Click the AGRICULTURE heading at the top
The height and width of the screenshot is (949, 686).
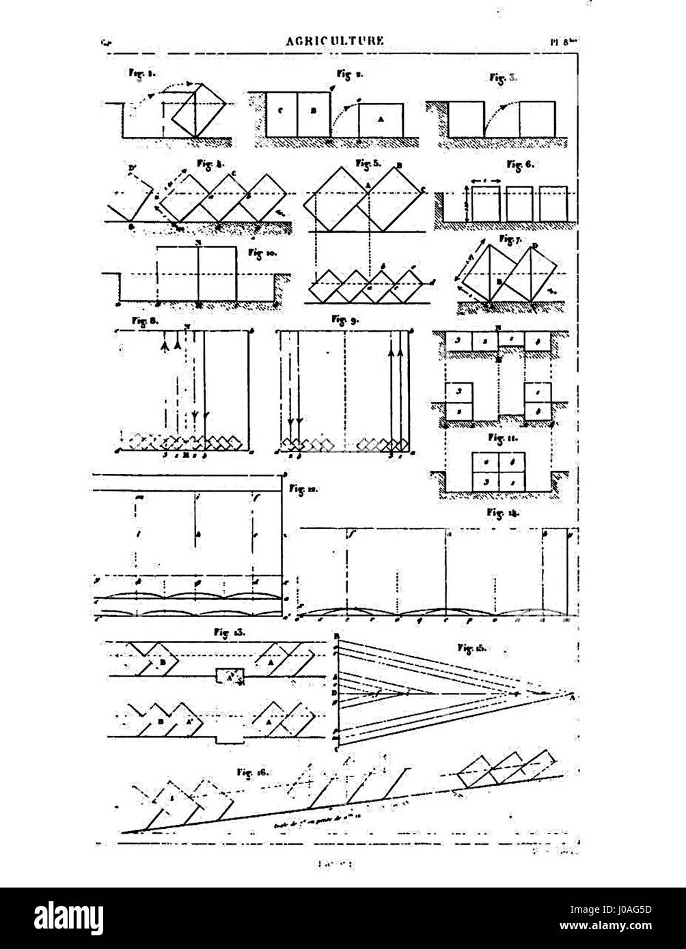pos(335,41)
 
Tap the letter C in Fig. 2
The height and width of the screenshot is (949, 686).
pos(280,111)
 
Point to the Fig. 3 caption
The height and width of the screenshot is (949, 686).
pos(504,77)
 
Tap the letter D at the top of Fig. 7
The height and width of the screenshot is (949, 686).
pos(535,245)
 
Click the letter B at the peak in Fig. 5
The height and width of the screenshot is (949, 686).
pos(400,165)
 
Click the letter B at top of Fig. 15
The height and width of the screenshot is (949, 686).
pos(337,637)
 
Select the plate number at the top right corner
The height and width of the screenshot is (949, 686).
pos(564,41)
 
